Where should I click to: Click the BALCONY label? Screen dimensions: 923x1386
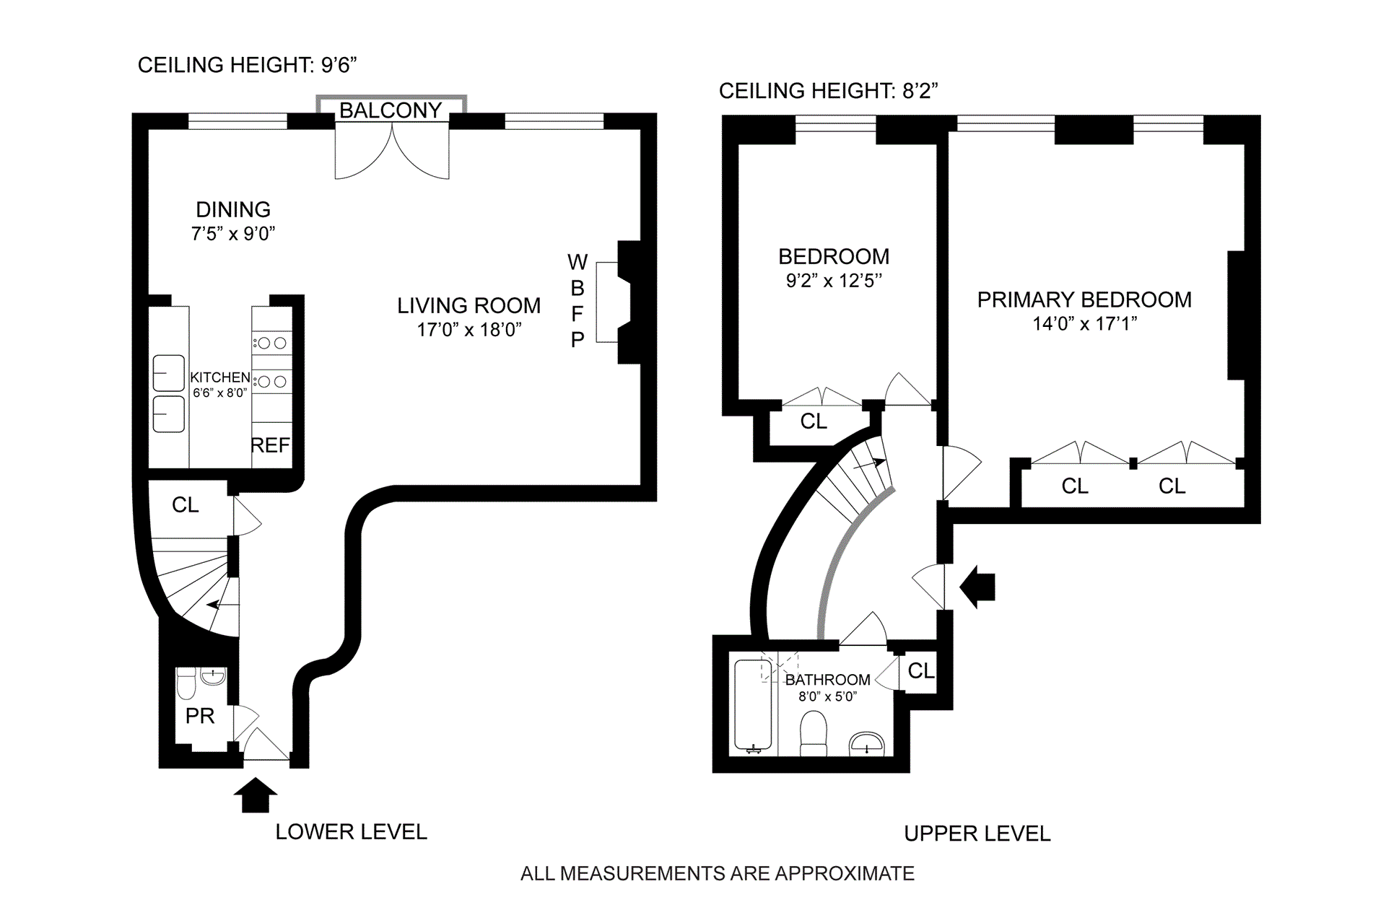pos(391,110)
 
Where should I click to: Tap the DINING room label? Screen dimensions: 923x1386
pos(233,209)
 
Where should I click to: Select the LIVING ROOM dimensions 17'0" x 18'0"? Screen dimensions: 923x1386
pos(469,330)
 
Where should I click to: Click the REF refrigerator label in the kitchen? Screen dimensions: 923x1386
pos(270,445)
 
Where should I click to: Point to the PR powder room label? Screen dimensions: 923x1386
pos(200,716)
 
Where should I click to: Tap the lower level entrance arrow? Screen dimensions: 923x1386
pos(255,795)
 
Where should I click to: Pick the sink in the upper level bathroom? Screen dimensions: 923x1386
pos(866,743)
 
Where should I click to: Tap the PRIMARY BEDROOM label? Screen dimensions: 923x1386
pos(1084,299)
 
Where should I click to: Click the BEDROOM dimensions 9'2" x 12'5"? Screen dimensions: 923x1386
pos(834,280)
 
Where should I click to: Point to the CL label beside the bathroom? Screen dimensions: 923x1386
pos(921,670)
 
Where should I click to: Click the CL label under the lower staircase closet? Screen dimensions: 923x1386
pos(186,504)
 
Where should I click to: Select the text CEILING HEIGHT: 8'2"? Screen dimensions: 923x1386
pos(828,91)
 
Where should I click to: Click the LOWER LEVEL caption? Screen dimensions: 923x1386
pos(351,831)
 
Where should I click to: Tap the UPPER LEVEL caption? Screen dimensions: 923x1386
pos(977,834)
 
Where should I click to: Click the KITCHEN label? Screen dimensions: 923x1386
pos(220,377)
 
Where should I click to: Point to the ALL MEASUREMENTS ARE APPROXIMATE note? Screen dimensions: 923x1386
pos(717,873)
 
